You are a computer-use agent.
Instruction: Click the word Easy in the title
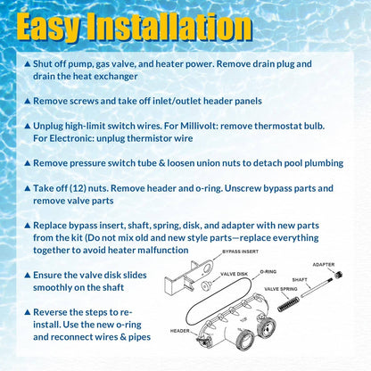coord(48,27)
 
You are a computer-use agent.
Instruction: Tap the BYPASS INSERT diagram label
coord(240,251)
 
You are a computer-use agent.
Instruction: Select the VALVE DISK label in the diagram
coord(234,274)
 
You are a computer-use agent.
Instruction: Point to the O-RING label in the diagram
coord(268,272)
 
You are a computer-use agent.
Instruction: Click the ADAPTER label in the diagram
coord(324,265)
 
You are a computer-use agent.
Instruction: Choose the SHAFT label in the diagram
coord(300,280)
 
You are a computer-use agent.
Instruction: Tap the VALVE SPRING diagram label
coord(281,289)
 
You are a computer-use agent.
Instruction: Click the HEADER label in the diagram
coord(180,331)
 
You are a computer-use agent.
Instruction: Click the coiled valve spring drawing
coord(288,304)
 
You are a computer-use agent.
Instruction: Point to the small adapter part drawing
coord(338,274)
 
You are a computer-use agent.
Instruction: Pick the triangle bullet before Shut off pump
coord(28,64)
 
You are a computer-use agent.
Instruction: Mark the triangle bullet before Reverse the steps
coord(28,312)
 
